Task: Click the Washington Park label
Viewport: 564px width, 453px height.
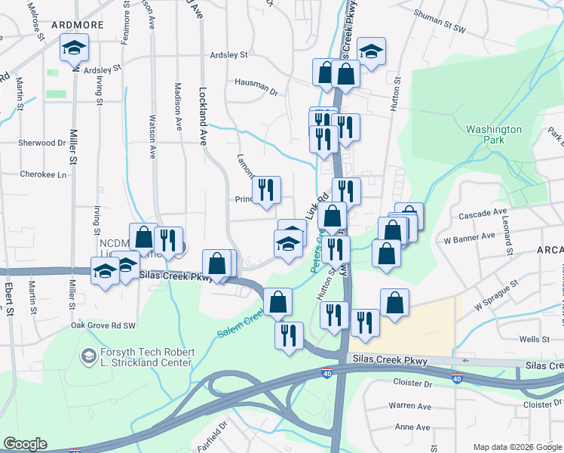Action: (494, 134)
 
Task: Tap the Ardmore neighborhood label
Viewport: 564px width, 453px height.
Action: (77, 25)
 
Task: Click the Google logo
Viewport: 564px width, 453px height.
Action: (25, 445)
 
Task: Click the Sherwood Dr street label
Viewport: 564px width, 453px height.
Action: (42, 143)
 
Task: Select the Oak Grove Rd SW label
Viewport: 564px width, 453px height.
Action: (103, 325)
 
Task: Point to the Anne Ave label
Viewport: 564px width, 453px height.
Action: (412, 427)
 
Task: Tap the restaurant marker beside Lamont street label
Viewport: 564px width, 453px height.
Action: (265, 190)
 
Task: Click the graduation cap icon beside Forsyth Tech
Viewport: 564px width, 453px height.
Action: (88, 355)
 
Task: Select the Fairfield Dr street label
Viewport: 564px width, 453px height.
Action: (222, 435)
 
